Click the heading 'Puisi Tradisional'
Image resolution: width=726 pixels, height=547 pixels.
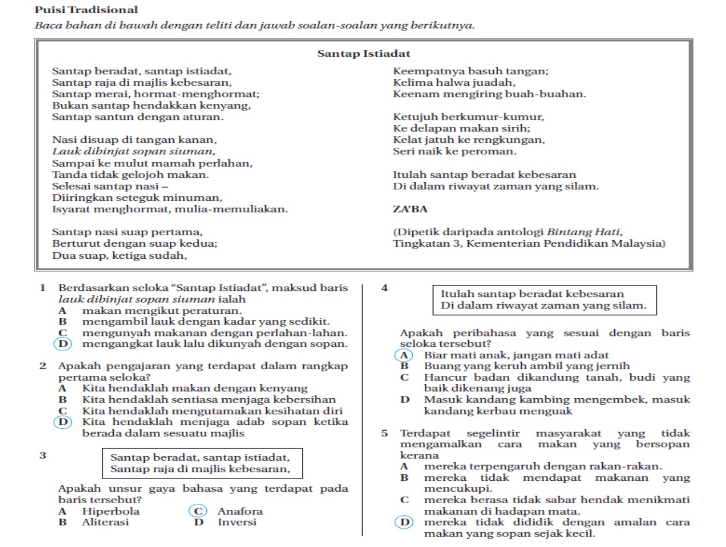pyautogui.click(x=86, y=10)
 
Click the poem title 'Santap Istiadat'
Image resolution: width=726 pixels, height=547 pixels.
pyautogui.click(x=364, y=54)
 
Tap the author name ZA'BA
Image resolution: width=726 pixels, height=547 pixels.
pyautogui.click(x=410, y=209)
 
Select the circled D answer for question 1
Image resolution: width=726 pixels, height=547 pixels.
pyautogui.click(x=63, y=344)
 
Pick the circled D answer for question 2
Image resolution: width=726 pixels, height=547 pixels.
pyautogui.click(x=63, y=422)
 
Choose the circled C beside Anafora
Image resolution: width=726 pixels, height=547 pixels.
pyautogui.click(x=198, y=511)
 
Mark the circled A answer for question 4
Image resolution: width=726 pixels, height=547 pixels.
pyautogui.click(x=404, y=355)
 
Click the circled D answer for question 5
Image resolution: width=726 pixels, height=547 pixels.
pyautogui.click(x=404, y=522)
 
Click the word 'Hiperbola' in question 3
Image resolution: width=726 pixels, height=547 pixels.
pyautogui.click(x=111, y=511)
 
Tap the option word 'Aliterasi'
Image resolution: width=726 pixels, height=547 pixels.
pyautogui.click(x=105, y=522)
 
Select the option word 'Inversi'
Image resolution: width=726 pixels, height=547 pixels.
pyautogui.click(x=237, y=522)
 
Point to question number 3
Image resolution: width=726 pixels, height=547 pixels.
pyautogui.click(x=43, y=455)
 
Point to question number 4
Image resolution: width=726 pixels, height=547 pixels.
pyautogui.click(x=384, y=288)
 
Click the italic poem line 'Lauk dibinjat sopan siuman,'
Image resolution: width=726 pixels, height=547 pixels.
pyautogui.click(x=134, y=151)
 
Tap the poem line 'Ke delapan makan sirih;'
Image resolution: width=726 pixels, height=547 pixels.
pyautogui.click(x=461, y=128)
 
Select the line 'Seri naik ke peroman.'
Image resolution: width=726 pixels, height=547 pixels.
pyautogui.click(x=454, y=151)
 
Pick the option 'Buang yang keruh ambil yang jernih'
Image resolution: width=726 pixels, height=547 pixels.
pyautogui.click(x=527, y=366)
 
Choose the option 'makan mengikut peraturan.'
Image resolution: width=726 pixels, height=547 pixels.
pyautogui.click(x=162, y=311)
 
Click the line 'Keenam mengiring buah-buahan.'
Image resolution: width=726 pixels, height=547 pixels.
pyautogui.click(x=489, y=94)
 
